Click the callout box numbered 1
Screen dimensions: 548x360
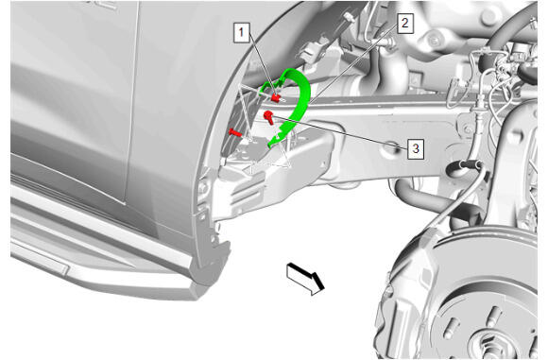pyautogui.click(x=242, y=33)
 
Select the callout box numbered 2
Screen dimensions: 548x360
pyautogui.click(x=405, y=24)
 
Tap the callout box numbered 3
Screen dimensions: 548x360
pyautogui.click(x=416, y=148)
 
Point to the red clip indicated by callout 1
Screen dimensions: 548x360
pyautogui.click(x=276, y=98)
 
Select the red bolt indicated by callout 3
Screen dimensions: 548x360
pyautogui.click(x=268, y=117)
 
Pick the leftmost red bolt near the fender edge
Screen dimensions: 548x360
pyautogui.click(x=235, y=132)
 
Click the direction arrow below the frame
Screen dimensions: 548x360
pyautogui.click(x=305, y=279)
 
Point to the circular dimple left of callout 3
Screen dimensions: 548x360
pyautogui.click(x=392, y=147)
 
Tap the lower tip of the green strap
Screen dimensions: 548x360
pyautogui.click(x=269, y=146)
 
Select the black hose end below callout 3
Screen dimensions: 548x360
pyautogui.click(x=458, y=168)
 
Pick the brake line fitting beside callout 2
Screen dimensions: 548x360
pyautogui.click(x=386, y=42)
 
